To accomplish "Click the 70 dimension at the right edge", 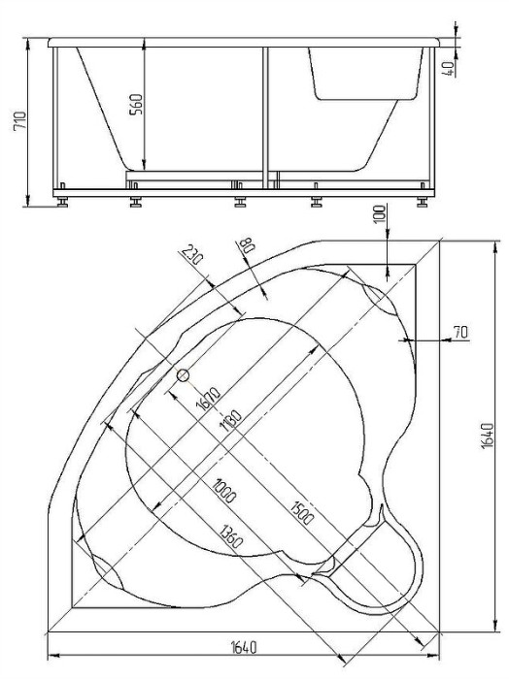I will [x=459, y=333].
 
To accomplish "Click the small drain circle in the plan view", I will [x=183, y=374].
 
